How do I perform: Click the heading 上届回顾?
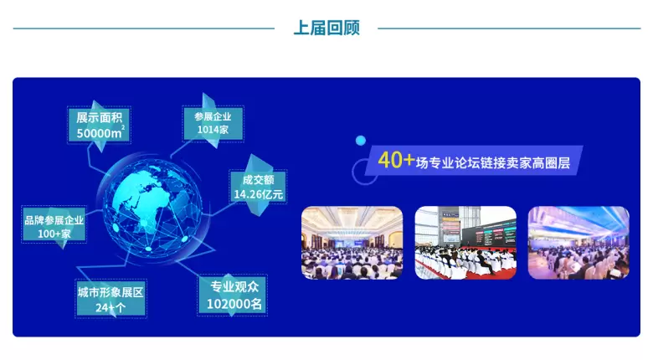[x=326, y=28]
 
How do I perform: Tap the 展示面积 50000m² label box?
[x=99, y=125]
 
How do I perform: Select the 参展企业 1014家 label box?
[x=213, y=123]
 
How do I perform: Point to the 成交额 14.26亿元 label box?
[x=258, y=187]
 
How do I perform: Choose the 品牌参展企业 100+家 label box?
[x=54, y=224]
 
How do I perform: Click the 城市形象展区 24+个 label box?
[x=111, y=298]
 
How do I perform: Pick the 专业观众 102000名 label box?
[x=233, y=295]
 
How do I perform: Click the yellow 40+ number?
[x=396, y=160]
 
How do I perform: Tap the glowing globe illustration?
[x=152, y=208]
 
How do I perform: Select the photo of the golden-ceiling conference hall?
[x=352, y=243]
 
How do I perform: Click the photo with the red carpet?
[x=465, y=243]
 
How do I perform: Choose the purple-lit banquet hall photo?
[x=578, y=243]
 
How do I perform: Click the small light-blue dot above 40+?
[x=361, y=141]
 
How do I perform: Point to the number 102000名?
[x=234, y=304]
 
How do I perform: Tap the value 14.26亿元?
[x=258, y=194]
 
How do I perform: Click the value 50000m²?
[x=100, y=133]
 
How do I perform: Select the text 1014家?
[x=213, y=130]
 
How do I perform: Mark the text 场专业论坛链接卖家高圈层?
[x=492, y=162]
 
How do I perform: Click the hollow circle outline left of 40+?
[x=353, y=172]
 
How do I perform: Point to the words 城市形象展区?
[x=111, y=292]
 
